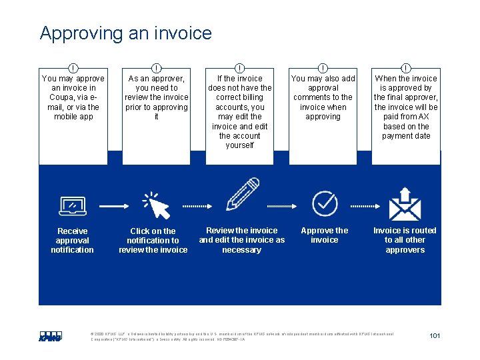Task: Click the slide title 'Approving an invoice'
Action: click(125, 33)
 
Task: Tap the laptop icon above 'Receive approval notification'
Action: click(72, 206)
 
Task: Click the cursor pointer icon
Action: click(156, 205)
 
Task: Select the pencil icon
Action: click(242, 194)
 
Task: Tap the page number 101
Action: click(435, 335)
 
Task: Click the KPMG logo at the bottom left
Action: click(50, 337)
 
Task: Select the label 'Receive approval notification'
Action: click(72, 241)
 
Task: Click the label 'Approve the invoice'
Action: click(325, 235)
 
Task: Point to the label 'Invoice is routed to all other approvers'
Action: click(405, 240)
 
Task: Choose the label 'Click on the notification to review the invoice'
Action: click(153, 241)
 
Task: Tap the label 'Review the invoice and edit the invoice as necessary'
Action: click(242, 240)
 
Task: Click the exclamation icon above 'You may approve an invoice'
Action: click(73, 67)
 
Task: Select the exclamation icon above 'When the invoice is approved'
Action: click(406, 67)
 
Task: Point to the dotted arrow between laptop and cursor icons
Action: click(113, 206)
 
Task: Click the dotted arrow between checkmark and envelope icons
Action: click(366, 206)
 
